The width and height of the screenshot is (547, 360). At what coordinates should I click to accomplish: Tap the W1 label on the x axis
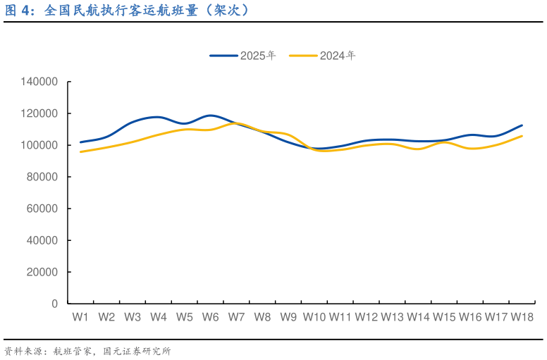[80, 317]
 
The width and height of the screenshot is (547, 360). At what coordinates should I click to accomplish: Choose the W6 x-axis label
[210, 317]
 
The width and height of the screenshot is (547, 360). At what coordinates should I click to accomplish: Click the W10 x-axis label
[314, 317]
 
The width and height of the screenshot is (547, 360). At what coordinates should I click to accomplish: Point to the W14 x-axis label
[418, 317]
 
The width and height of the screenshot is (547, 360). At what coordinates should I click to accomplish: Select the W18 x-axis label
[522, 317]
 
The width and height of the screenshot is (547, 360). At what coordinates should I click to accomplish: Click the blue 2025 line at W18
[522, 125]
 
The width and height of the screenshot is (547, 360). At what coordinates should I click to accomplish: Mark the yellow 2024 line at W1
[80, 151]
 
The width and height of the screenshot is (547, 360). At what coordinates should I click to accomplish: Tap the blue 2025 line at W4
[158, 118]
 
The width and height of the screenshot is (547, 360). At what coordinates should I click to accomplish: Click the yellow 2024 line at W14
[418, 149]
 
